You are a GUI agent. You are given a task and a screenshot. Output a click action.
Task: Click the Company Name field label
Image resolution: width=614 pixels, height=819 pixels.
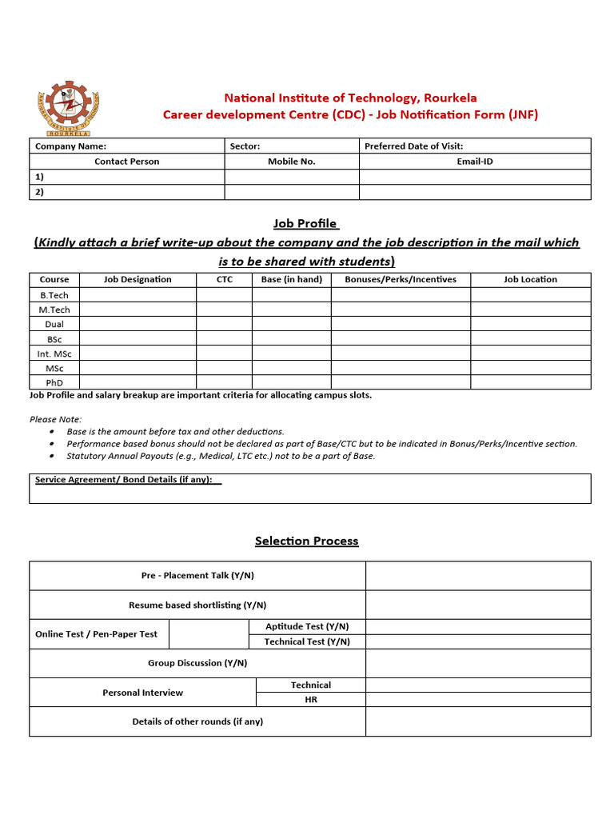[x=70, y=146]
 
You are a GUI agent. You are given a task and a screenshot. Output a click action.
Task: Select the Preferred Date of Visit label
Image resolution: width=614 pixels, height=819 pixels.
[x=413, y=146]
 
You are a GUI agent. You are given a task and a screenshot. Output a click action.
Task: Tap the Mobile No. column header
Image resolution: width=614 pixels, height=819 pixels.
[x=291, y=162]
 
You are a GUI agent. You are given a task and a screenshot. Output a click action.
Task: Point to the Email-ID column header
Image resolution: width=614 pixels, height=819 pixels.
[x=475, y=162]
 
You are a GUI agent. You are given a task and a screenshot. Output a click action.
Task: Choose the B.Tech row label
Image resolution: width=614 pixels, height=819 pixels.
[x=54, y=295]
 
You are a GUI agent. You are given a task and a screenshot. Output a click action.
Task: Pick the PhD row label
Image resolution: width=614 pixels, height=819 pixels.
[x=54, y=382]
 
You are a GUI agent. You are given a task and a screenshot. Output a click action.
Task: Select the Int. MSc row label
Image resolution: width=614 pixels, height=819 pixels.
[x=54, y=354]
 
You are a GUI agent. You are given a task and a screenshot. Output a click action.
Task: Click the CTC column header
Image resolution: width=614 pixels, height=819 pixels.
[x=225, y=279]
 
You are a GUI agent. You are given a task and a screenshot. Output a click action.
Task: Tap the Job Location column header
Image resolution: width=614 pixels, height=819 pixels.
[x=530, y=279]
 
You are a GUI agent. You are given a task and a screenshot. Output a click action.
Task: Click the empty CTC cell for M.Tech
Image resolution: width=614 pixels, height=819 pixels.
[x=225, y=310]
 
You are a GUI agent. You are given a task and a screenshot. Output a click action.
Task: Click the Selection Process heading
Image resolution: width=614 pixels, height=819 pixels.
[x=306, y=541]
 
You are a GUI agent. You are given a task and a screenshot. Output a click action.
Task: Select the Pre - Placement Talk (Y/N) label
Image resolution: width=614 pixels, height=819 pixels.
[x=197, y=576]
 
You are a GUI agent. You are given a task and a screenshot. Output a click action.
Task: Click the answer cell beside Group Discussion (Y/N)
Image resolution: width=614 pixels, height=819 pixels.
[x=478, y=663]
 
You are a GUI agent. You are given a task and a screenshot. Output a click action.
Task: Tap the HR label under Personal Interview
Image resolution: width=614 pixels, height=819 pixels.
[x=311, y=700]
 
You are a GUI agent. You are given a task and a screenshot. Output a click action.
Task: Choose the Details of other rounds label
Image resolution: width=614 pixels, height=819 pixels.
[x=197, y=721]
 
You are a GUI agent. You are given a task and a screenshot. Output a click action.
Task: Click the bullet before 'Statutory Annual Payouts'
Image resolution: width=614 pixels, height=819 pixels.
[x=52, y=457]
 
